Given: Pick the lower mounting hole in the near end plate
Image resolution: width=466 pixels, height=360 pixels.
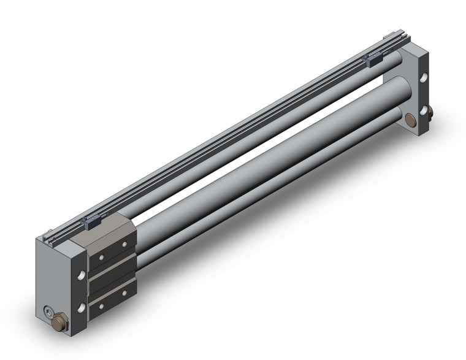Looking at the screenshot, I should (80, 306).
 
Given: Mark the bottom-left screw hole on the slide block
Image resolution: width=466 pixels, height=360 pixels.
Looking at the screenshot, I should (98, 301).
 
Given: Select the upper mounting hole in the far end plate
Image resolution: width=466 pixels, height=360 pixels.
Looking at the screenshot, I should (423, 79).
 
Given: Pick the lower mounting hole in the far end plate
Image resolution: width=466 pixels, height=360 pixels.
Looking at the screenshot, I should (423, 110).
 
